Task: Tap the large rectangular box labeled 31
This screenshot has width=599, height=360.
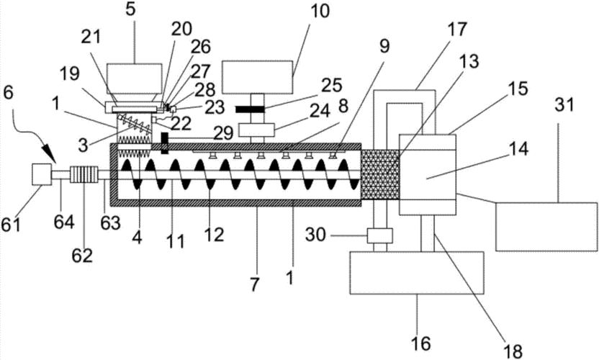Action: click(546, 227)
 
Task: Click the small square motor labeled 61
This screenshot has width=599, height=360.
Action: click(42, 174)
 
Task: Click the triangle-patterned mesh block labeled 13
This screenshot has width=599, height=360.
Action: click(380, 174)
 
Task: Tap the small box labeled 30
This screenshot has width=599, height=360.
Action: click(379, 235)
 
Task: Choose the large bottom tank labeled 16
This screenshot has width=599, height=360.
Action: click(417, 272)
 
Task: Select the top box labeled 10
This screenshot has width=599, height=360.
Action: click(257, 77)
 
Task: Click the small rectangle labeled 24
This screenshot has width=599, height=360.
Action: click(257, 130)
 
